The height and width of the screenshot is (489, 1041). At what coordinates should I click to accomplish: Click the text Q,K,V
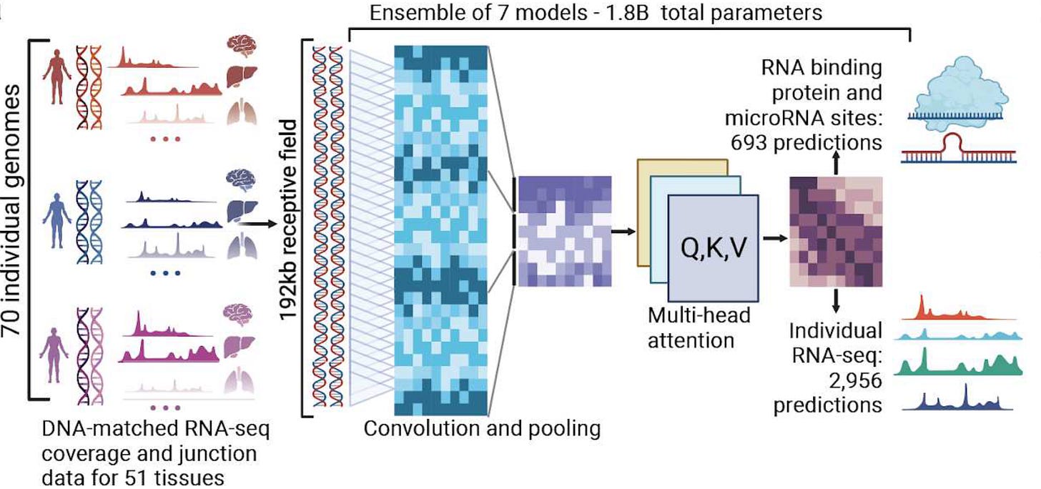point(712,249)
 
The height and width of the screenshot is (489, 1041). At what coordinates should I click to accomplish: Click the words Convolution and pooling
point(482,429)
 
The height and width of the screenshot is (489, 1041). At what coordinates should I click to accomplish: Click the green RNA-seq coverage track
point(958,364)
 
